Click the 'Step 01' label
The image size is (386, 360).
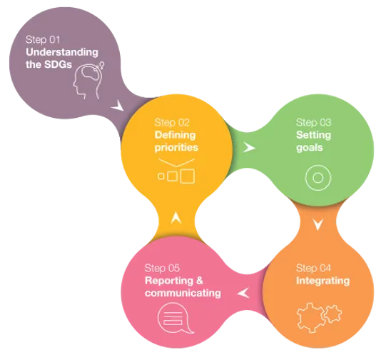(x=43, y=40)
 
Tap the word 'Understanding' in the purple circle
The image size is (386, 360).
(x=62, y=52)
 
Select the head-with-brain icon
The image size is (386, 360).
(x=88, y=81)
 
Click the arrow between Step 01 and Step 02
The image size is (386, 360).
(x=118, y=106)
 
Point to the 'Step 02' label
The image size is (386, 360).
(x=172, y=122)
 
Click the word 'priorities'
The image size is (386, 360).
(x=176, y=147)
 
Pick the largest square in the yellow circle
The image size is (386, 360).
(x=188, y=176)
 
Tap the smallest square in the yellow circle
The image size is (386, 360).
(x=161, y=176)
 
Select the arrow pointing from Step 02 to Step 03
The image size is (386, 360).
(x=249, y=148)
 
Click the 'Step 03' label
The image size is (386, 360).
(x=314, y=122)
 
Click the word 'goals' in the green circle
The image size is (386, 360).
(x=310, y=148)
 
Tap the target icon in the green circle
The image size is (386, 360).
(x=318, y=178)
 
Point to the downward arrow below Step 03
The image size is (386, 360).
(x=318, y=224)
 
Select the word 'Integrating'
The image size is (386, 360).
(x=322, y=281)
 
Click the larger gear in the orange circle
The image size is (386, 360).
(x=310, y=318)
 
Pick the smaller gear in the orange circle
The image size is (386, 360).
(x=332, y=314)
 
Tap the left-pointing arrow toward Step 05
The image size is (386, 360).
(x=243, y=293)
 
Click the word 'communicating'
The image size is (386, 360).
(x=183, y=294)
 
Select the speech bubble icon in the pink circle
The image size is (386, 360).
(x=176, y=319)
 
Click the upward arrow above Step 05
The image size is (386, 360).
(x=176, y=217)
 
